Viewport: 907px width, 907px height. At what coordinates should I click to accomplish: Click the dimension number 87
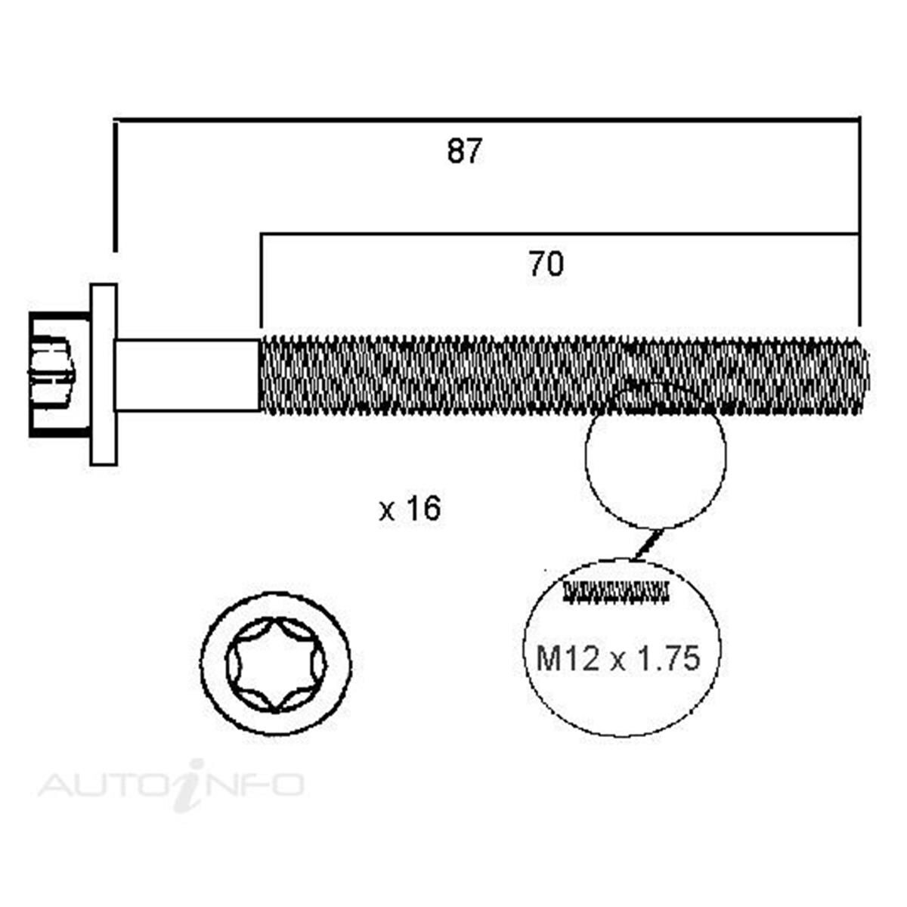tap(465, 151)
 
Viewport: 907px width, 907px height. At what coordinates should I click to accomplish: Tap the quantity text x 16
tap(410, 509)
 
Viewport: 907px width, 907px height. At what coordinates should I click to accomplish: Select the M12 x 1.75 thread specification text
tap(618, 658)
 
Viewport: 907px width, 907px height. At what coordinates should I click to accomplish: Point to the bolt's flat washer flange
tap(104, 374)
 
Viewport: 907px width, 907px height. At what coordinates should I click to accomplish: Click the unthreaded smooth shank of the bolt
tap(187, 375)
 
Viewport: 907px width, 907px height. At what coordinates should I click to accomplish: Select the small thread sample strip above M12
tap(616, 593)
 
